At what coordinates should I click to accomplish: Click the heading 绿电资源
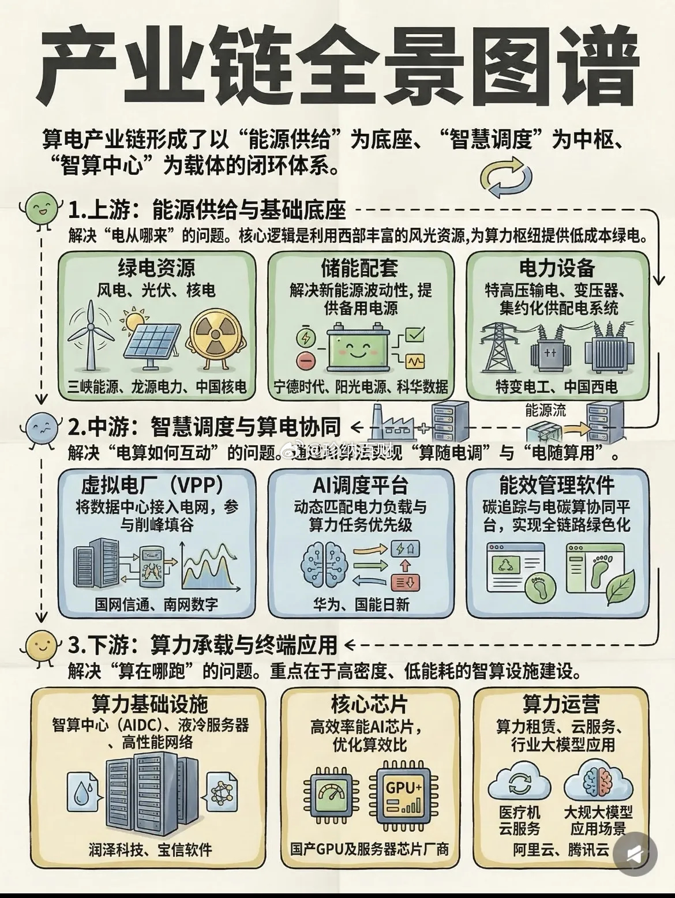[156, 268]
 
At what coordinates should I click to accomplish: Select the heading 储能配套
[359, 268]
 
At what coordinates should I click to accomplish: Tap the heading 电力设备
[557, 268]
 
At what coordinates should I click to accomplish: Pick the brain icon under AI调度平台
[324, 565]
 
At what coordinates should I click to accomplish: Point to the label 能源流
[545, 410]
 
